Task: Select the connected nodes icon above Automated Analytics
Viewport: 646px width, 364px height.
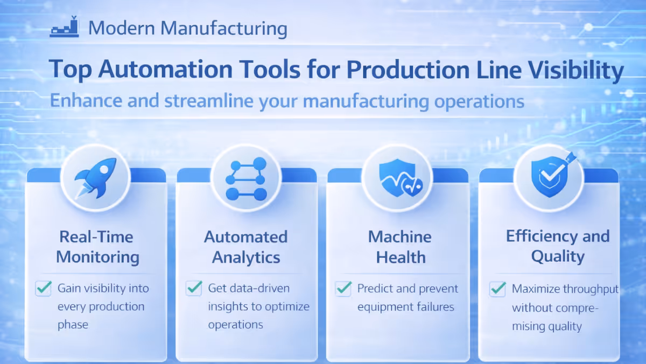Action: [245, 179]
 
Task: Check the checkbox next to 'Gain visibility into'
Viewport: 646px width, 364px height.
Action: [43, 289]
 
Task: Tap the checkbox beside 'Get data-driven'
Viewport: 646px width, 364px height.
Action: [193, 288]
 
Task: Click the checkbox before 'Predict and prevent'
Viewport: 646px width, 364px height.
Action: [343, 289]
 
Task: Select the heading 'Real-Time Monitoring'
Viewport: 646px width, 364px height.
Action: [97, 246]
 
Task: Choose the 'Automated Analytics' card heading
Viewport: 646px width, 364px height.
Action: [245, 246]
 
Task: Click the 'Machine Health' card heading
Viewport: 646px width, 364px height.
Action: [400, 246]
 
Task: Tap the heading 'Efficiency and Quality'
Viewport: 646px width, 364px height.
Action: [558, 246]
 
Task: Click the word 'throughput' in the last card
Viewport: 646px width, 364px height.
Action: [591, 289]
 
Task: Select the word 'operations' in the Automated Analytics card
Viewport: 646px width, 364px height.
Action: [235, 325]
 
